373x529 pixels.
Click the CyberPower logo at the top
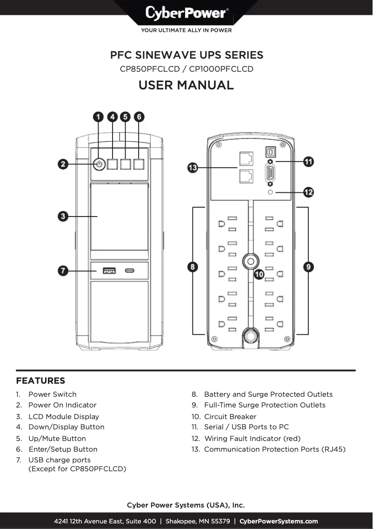pyautogui.click(x=186, y=13)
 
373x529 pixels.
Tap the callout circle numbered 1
pyautogui.click(x=99, y=116)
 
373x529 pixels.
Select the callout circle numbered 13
pyautogui.click(x=193, y=168)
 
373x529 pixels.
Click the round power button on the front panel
pyautogui.click(x=99, y=164)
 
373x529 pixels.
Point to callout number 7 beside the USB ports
pyautogui.click(x=64, y=271)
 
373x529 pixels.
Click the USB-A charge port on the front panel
pyautogui.click(x=109, y=270)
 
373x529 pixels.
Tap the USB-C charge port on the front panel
pyautogui.click(x=130, y=270)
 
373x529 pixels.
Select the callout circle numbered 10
pyautogui.click(x=259, y=274)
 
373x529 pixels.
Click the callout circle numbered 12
pyautogui.click(x=308, y=192)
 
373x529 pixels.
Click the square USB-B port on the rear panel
pyautogui.click(x=270, y=152)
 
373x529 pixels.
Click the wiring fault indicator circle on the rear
pyautogui.click(x=270, y=192)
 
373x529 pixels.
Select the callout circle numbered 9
pyautogui.click(x=308, y=267)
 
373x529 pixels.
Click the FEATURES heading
pyautogui.click(x=40, y=381)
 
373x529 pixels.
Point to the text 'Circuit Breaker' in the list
pyautogui.click(x=230, y=416)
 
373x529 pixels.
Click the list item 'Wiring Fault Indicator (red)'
pyautogui.click(x=252, y=438)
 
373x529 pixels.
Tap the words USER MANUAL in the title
pyautogui.click(x=186, y=85)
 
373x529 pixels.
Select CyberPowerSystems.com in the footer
pyautogui.click(x=279, y=521)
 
